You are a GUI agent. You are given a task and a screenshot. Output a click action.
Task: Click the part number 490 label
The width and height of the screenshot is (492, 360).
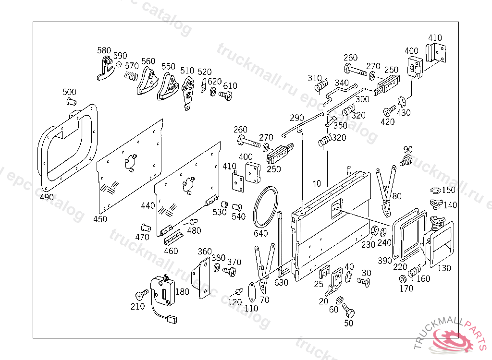pyautogui.click(x=47, y=197)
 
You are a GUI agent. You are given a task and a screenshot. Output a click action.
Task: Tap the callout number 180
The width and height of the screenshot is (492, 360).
pyautogui.click(x=183, y=292)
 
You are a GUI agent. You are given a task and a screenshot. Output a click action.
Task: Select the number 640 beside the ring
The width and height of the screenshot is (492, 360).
pyautogui.click(x=260, y=233)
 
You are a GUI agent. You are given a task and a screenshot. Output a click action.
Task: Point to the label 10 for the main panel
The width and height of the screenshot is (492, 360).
pyautogui.click(x=317, y=183)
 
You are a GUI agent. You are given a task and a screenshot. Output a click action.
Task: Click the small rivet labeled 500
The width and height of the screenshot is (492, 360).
pyautogui.click(x=71, y=101)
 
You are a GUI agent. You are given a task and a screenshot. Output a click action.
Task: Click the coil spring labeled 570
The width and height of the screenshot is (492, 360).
pyautogui.click(x=131, y=76)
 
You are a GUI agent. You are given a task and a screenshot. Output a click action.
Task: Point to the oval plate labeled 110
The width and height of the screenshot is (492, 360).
pyautogui.click(x=252, y=292)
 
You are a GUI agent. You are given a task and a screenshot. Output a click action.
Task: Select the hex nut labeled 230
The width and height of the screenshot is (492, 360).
pyautogui.click(x=374, y=231)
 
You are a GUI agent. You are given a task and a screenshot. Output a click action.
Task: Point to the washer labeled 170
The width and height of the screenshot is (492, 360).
pyautogui.click(x=402, y=279)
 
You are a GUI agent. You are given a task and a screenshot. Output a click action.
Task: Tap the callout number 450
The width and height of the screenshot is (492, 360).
pyautogui.click(x=100, y=219)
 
